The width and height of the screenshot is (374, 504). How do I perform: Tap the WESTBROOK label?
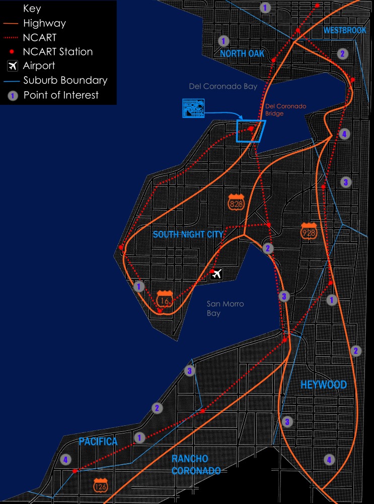[x=345, y=31]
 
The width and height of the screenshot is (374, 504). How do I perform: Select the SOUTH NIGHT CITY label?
[x=188, y=234]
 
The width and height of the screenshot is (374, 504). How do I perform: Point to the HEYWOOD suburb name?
[x=324, y=385]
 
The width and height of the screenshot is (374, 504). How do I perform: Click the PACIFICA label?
[x=98, y=442]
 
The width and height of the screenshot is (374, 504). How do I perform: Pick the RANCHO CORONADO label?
[x=196, y=465]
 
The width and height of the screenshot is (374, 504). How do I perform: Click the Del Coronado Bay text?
[x=223, y=87]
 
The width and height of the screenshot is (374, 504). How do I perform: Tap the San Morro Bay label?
[x=221, y=308]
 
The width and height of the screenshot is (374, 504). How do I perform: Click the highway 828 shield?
[x=236, y=202]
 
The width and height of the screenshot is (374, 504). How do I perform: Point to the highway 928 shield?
[x=309, y=230]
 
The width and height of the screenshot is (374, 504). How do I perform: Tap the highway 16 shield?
[x=163, y=299]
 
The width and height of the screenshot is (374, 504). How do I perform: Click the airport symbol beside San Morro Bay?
[x=217, y=274]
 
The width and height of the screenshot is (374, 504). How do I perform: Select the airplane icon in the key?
[x=13, y=66]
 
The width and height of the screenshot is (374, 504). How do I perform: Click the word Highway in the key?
[x=44, y=23]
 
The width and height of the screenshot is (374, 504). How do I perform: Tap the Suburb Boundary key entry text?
[x=65, y=80]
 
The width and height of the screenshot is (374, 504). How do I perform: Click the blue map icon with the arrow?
[x=193, y=108]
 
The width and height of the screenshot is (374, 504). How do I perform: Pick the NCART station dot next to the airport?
[x=212, y=273]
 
